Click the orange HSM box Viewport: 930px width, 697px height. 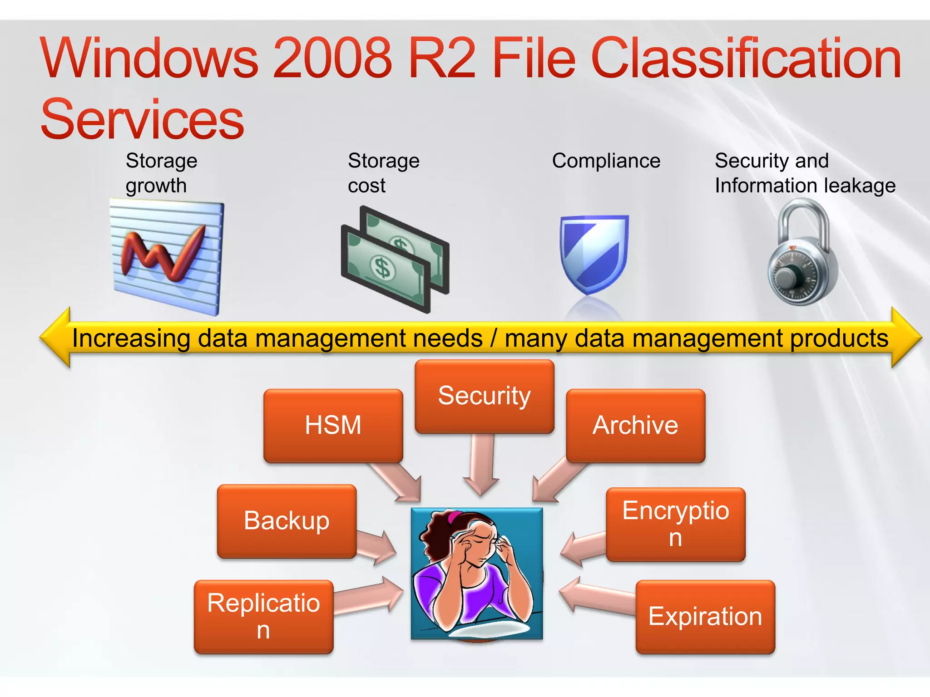point(333,425)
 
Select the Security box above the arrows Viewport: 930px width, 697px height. point(484,396)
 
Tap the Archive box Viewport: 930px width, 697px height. point(635,425)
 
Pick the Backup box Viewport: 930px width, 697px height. point(287,520)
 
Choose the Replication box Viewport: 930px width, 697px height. point(263,616)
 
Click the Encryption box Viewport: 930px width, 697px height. point(675,524)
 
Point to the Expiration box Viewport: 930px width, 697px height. point(705,616)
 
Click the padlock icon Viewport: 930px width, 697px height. point(803,254)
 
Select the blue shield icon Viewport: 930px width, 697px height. point(594,254)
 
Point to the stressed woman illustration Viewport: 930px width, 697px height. point(476,573)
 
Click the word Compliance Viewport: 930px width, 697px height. point(606,161)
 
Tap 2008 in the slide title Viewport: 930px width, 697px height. point(333,58)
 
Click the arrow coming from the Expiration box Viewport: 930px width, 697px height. point(595,597)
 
